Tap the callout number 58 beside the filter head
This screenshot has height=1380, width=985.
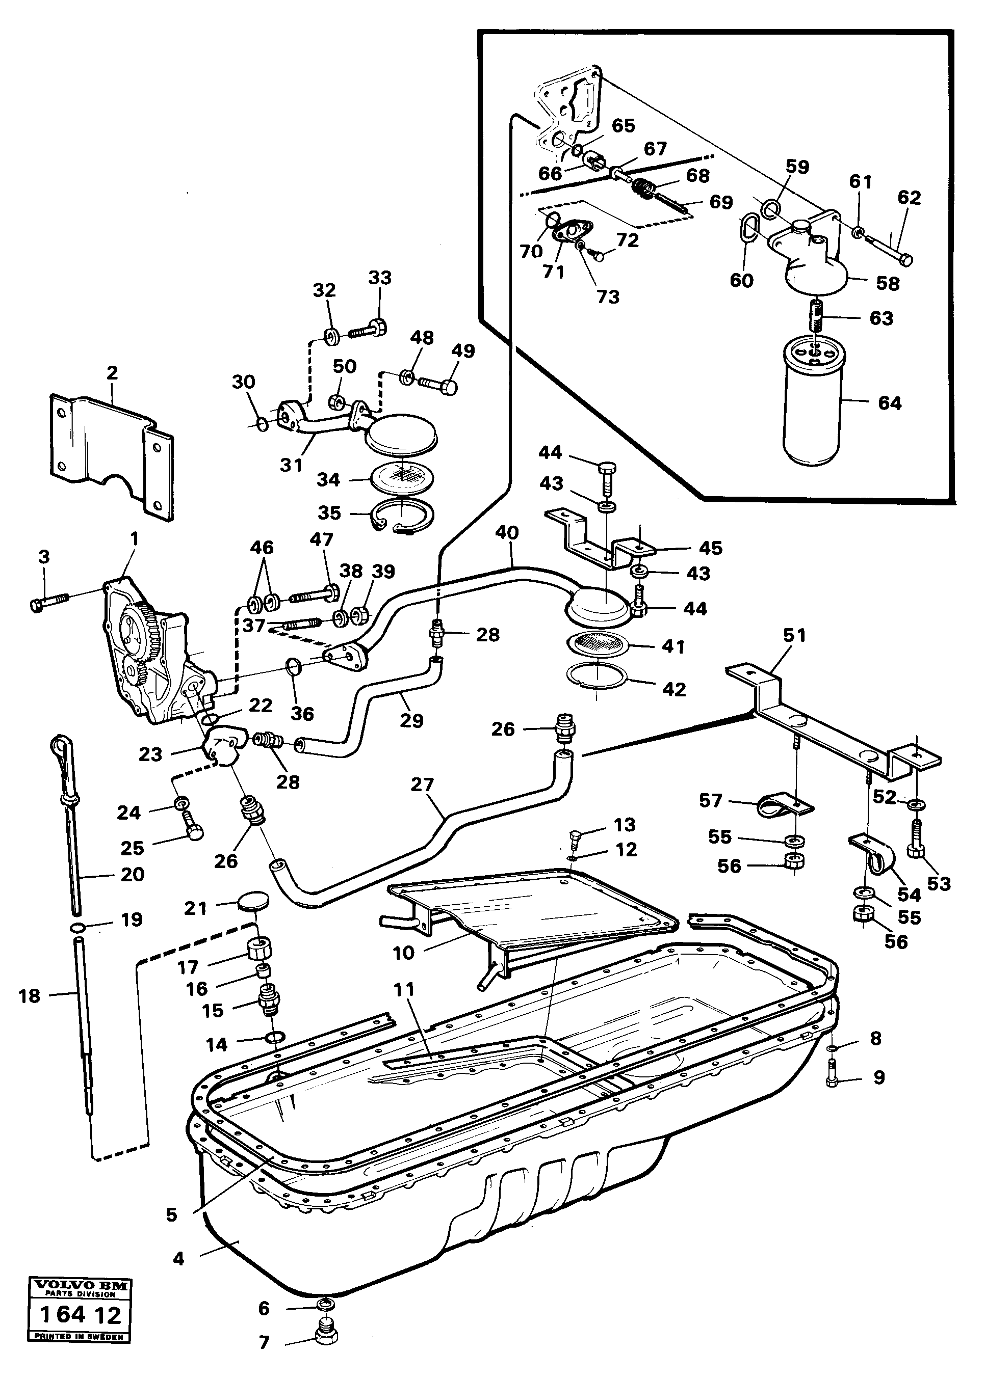[x=887, y=283]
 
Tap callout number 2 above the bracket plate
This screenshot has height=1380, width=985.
[x=112, y=373]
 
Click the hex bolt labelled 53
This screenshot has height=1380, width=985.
[x=916, y=843]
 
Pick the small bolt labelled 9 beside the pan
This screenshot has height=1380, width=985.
[x=832, y=1077]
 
